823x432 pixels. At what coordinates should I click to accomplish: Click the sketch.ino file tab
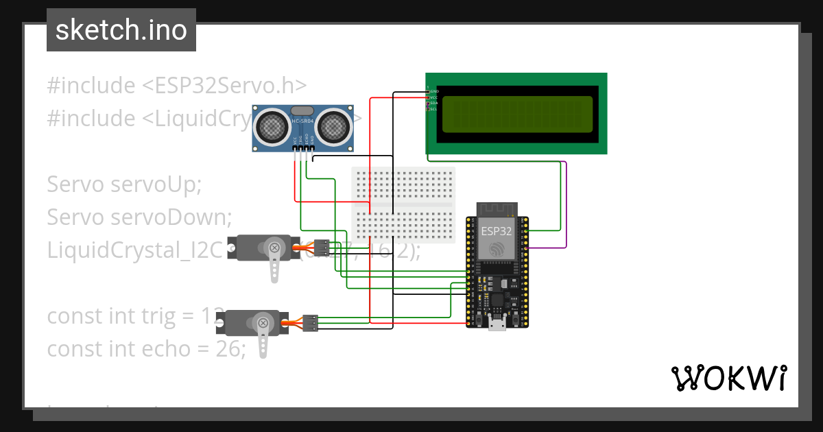pyautogui.click(x=121, y=30)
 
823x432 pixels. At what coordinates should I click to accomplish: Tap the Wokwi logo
pyautogui.click(x=728, y=378)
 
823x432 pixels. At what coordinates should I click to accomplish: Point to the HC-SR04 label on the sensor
pyautogui.click(x=302, y=121)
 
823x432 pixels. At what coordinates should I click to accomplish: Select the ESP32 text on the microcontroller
pyautogui.click(x=496, y=230)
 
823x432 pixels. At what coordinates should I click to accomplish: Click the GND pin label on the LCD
pyautogui.click(x=434, y=91)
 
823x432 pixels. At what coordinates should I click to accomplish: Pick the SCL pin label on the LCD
pyautogui.click(x=434, y=109)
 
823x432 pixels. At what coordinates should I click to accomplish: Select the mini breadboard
pyautogui.click(x=403, y=204)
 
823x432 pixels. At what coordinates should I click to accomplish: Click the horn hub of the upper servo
pyautogui.click(x=274, y=248)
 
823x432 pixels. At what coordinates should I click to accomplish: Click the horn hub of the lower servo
pyautogui.click(x=262, y=322)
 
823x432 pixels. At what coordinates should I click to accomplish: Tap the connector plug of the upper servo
pyautogui.click(x=320, y=248)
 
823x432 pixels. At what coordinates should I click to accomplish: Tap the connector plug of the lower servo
pyautogui.click(x=310, y=322)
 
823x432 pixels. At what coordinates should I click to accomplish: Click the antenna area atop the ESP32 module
pyautogui.click(x=496, y=208)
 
